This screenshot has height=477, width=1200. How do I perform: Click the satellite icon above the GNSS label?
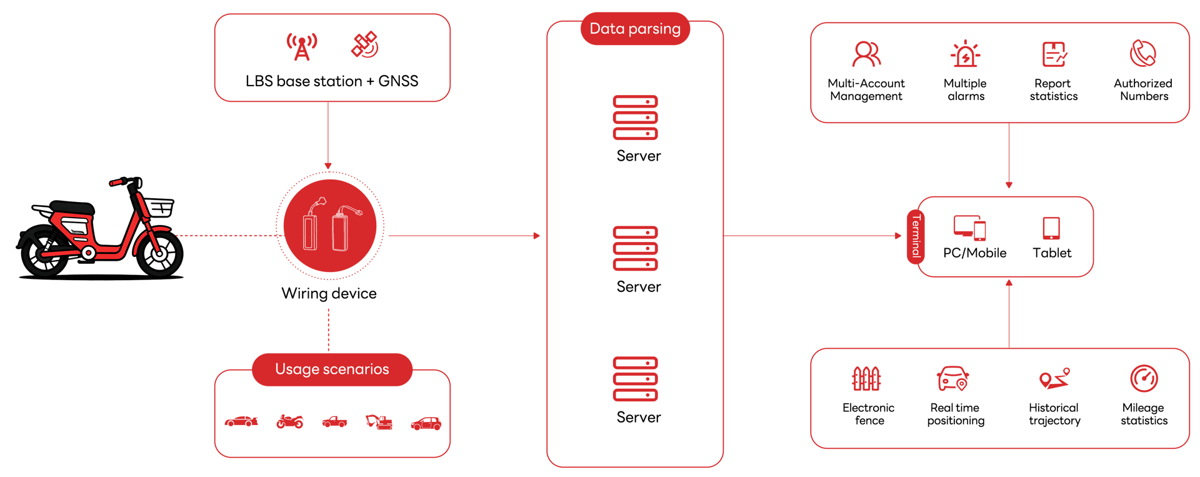tap(365, 44)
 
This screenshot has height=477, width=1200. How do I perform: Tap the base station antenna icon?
tap(302, 46)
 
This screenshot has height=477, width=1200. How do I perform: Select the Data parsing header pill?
tap(635, 29)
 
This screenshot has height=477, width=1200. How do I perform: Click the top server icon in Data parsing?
tap(636, 118)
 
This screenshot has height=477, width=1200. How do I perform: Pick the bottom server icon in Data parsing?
tap(636, 379)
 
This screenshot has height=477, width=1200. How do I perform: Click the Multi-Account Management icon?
tap(866, 54)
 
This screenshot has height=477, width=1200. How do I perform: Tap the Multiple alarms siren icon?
tap(966, 54)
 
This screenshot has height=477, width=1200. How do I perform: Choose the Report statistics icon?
tap(1054, 54)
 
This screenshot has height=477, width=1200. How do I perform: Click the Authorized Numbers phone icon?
tap(1143, 53)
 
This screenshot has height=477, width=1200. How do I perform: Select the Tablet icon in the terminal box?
tap(1051, 228)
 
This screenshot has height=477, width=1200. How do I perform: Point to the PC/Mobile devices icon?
tap(970, 228)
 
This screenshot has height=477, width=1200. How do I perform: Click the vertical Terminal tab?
tap(916, 236)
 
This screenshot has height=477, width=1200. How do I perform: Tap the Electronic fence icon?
tap(866, 378)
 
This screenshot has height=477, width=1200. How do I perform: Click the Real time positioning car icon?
tap(953, 378)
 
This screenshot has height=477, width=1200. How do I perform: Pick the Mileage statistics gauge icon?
tap(1144, 378)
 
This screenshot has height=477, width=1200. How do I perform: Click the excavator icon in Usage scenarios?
tap(379, 422)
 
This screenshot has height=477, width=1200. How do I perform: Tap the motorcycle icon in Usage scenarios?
tap(290, 422)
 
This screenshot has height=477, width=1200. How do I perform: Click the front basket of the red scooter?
tap(159, 207)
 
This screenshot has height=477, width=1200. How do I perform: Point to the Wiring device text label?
tap(329, 294)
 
